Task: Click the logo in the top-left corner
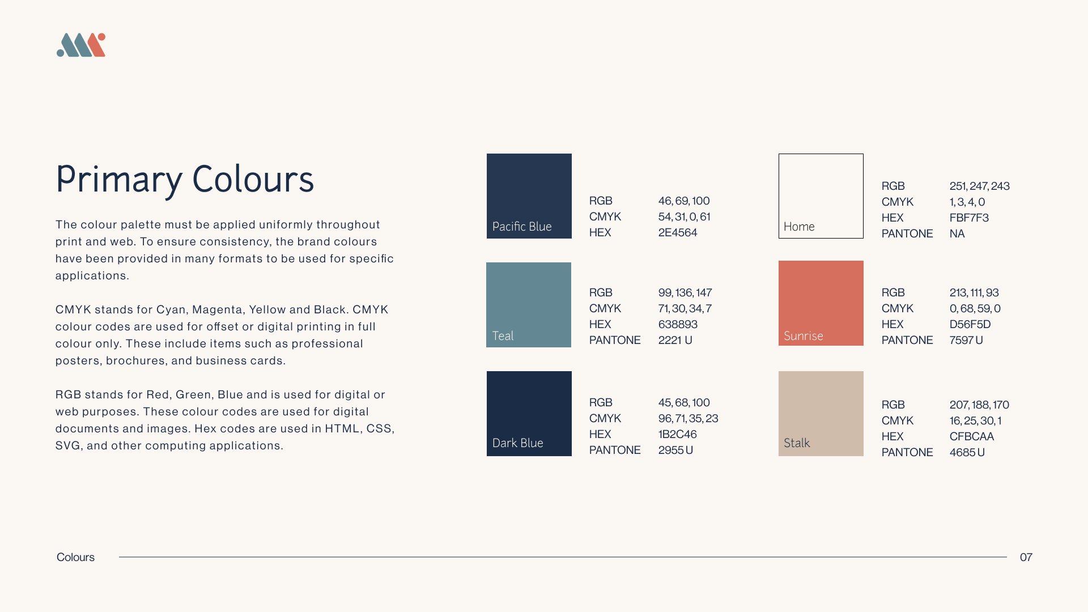[x=81, y=45]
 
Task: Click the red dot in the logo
[x=101, y=37]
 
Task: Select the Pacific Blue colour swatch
[x=529, y=196]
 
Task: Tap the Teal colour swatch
[x=529, y=305]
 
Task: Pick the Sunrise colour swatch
[x=821, y=303]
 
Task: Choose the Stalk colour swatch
[x=821, y=414]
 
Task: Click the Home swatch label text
[x=799, y=227]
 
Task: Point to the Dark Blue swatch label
[x=517, y=443]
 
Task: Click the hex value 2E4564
[x=678, y=232]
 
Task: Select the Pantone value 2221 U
[x=675, y=340]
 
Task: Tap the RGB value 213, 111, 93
[x=974, y=292]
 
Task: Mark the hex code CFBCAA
[x=972, y=436]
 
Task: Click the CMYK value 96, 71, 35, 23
[x=688, y=418]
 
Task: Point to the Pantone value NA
[x=957, y=233]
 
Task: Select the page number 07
[x=1026, y=557]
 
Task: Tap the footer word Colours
[x=75, y=557]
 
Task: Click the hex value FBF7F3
[x=969, y=218]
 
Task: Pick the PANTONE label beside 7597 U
[x=907, y=340]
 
